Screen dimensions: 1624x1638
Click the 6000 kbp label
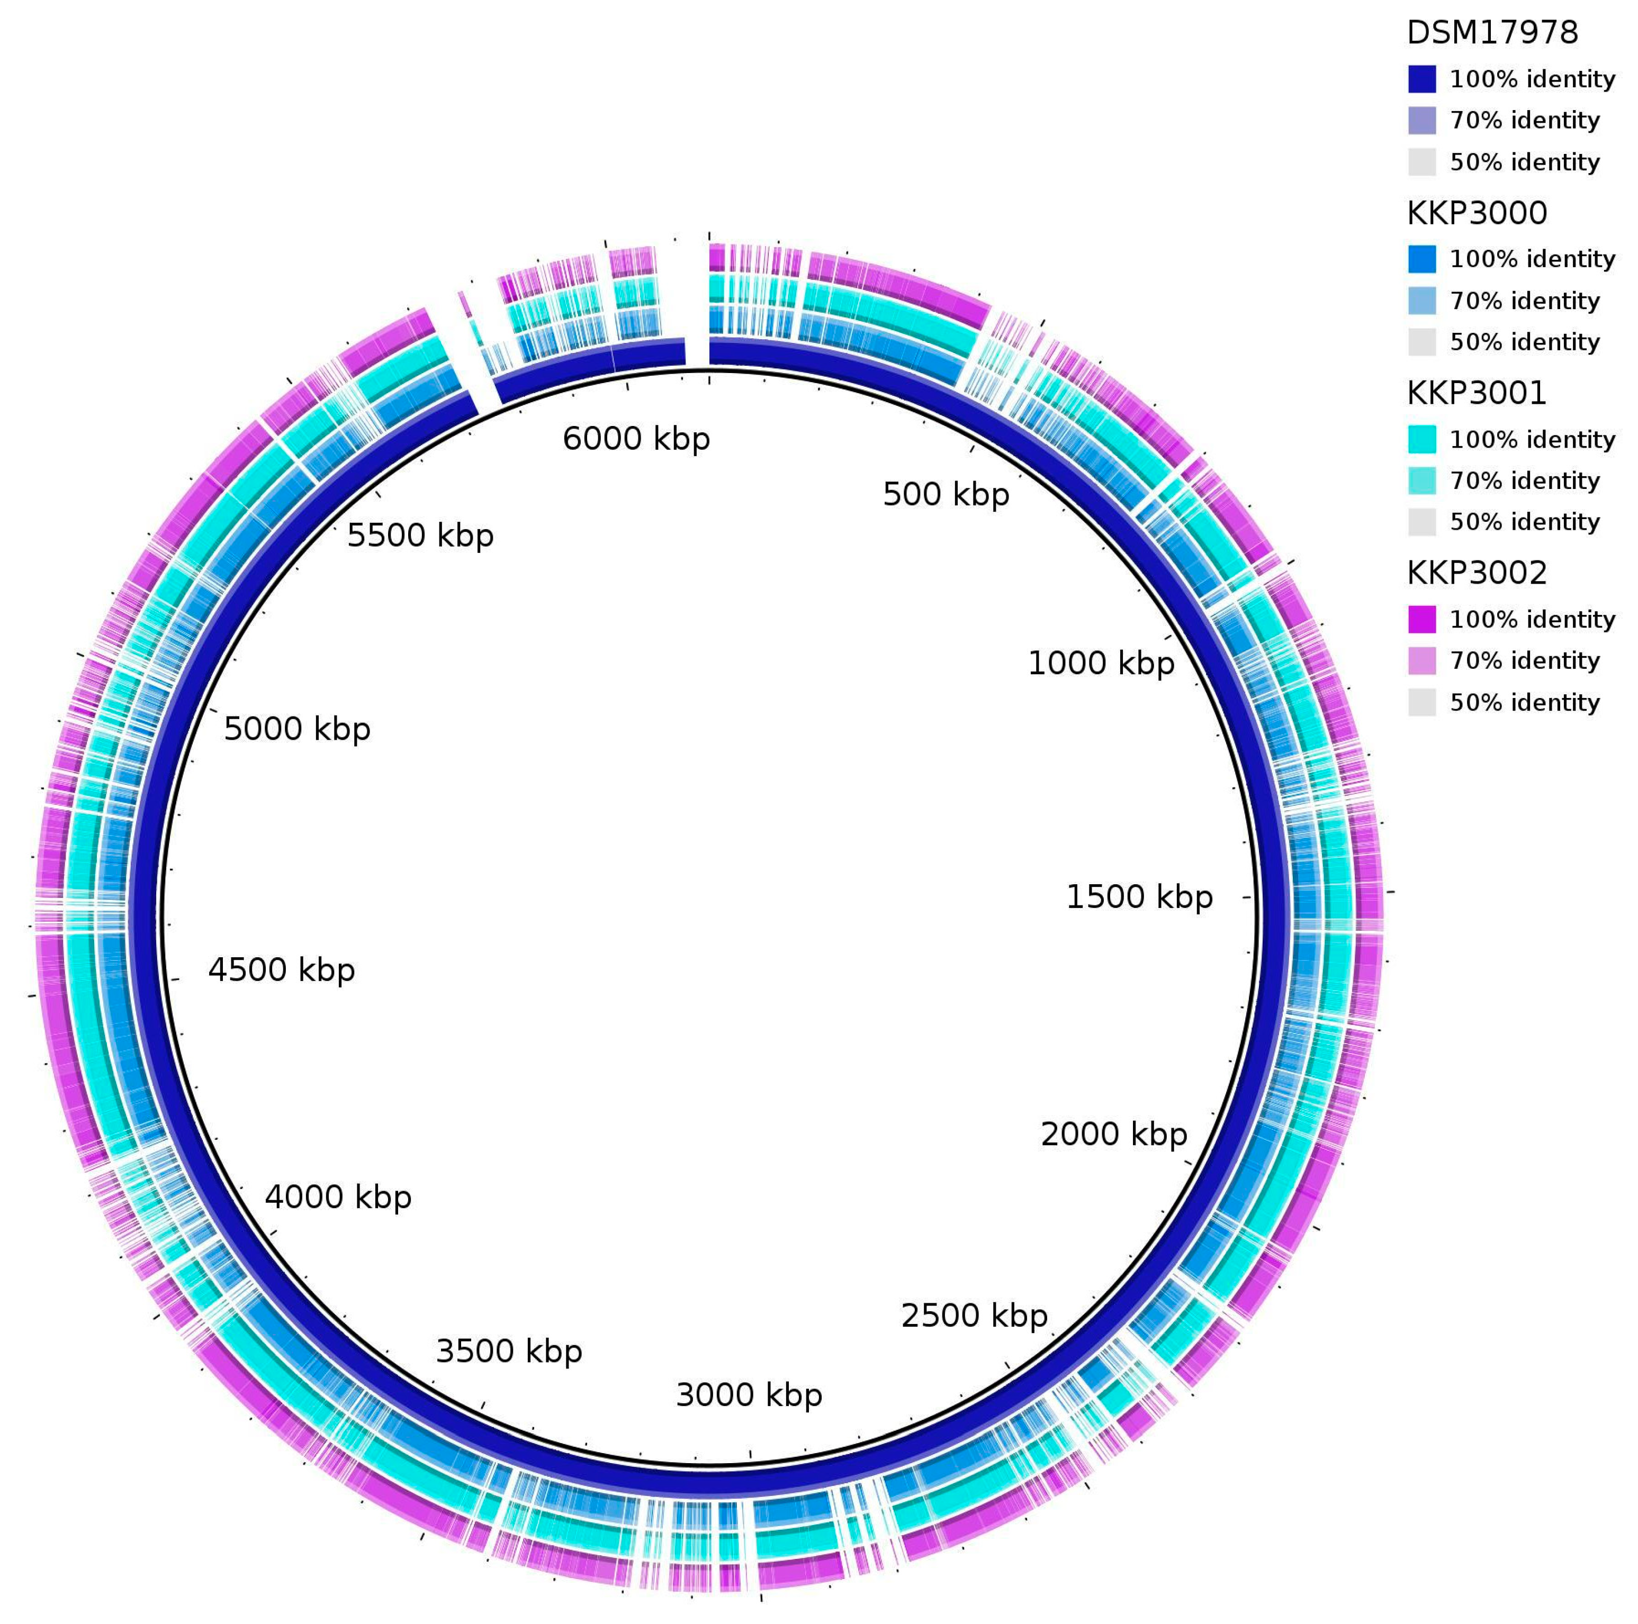(636, 439)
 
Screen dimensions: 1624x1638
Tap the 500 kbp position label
(946, 495)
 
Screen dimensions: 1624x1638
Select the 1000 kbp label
(1101, 663)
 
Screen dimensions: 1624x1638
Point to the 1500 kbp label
(1139, 897)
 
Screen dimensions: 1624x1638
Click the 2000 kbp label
(1113, 1134)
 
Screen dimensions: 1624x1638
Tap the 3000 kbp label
(749, 1395)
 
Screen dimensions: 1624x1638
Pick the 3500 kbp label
(509, 1351)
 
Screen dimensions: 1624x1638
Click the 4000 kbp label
(337, 1197)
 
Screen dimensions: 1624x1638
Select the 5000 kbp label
(297, 729)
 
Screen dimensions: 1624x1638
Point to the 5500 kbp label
(420, 536)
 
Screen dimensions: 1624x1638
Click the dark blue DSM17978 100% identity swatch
(1422, 79)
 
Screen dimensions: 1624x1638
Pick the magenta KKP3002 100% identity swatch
(1422, 620)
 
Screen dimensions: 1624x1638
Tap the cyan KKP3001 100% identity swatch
(1422, 439)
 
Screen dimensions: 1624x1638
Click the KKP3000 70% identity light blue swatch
(1422, 301)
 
